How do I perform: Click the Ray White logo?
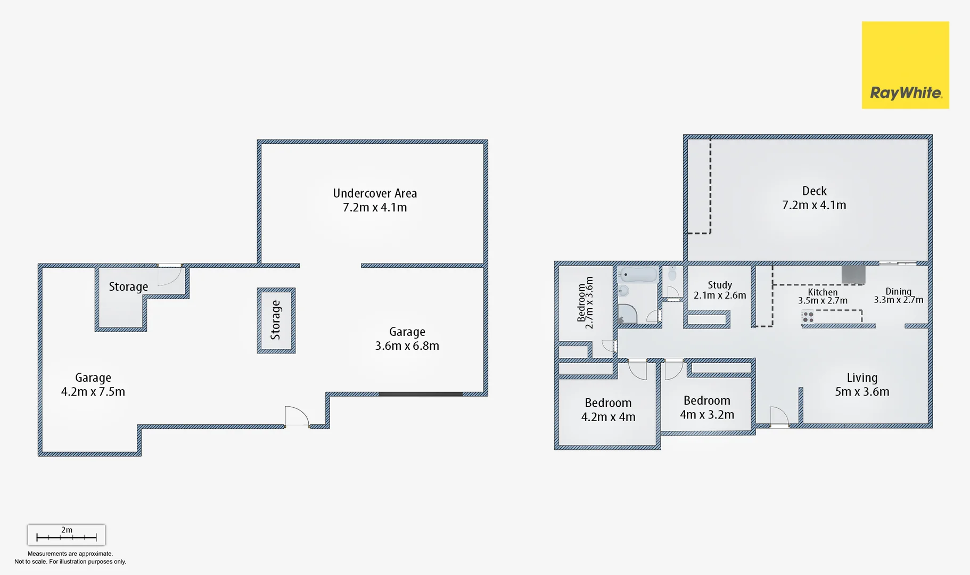pyautogui.click(x=905, y=65)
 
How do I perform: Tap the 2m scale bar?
pyautogui.click(x=67, y=535)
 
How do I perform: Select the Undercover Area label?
pyautogui.click(x=375, y=200)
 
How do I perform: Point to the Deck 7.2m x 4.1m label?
pyautogui.click(x=814, y=198)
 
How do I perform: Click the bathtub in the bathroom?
pyautogui.click(x=638, y=275)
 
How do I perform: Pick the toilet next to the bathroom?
pyautogui.click(x=672, y=274)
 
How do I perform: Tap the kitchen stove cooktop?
pyautogui.click(x=808, y=317)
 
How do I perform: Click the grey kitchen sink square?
pyautogui.click(x=853, y=275)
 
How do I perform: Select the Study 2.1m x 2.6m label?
pyautogui.click(x=720, y=290)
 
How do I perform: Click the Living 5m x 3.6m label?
pyautogui.click(x=862, y=384)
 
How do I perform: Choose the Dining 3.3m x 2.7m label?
pyautogui.click(x=898, y=295)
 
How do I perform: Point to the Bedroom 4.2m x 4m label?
pyautogui.click(x=608, y=410)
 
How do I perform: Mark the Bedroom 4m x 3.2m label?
pyautogui.click(x=707, y=407)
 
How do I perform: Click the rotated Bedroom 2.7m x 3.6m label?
pyautogui.click(x=585, y=302)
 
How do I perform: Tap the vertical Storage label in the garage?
pyautogui.click(x=276, y=320)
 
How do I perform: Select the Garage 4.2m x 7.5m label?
pyautogui.click(x=93, y=384)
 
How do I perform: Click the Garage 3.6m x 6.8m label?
pyautogui.click(x=407, y=339)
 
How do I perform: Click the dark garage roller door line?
pyautogui.click(x=421, y=395)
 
